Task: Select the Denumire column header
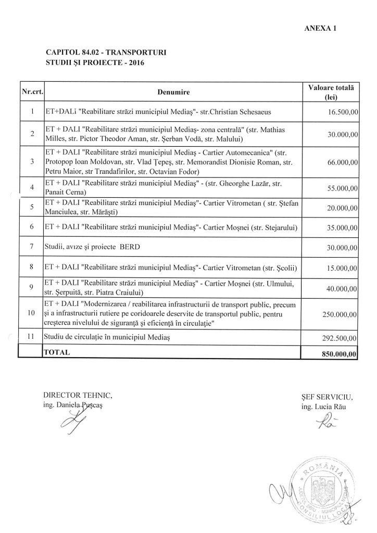(x=173, y=93)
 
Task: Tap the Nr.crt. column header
(x=32, y=93)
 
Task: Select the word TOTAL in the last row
(x=57, y=352)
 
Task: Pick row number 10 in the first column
(x=32, y=314)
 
